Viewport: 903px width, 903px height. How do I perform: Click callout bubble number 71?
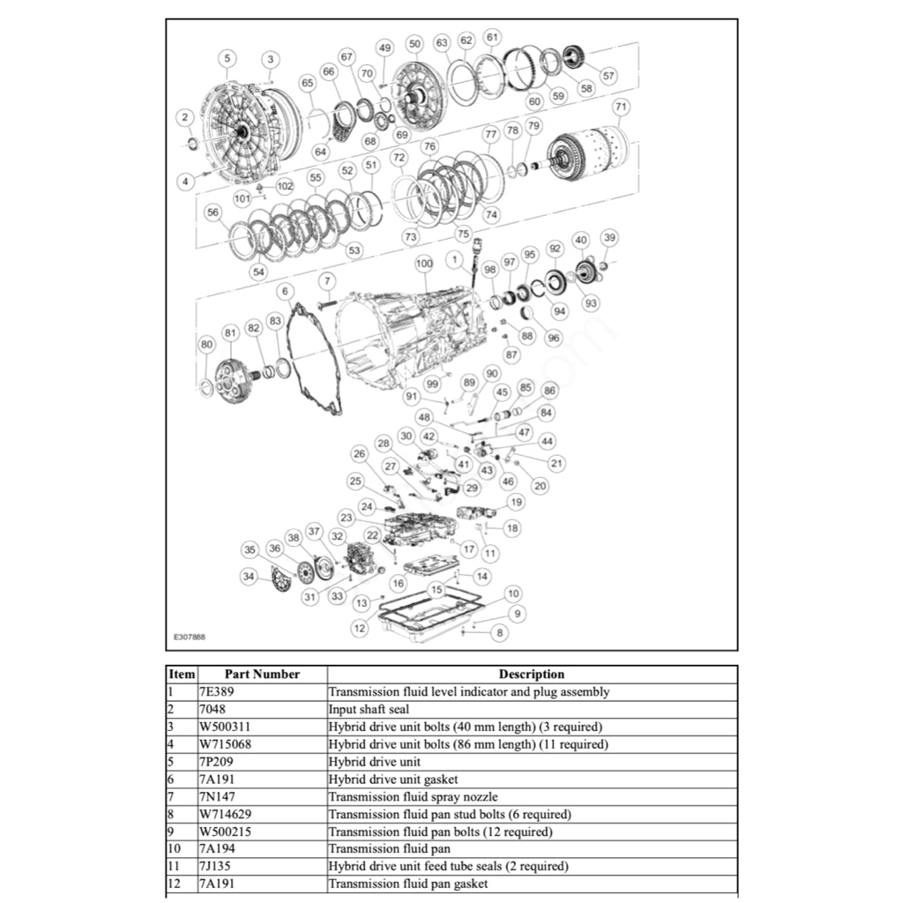[x=622, y=108]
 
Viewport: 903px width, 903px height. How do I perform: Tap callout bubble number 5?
[x=228, y=58]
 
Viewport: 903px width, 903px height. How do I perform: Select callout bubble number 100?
[x=424, y=264]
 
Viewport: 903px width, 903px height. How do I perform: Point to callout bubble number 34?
[x=251, y=577]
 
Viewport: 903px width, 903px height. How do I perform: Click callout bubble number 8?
[x=500, y=631]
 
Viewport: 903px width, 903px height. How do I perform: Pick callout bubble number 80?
[x=206, y=344]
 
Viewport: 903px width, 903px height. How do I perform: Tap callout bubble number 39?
[x=609, y=237]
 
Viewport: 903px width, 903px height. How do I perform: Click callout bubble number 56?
[x=212, y=213]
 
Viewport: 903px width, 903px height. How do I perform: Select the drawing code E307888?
[x=190, y=636]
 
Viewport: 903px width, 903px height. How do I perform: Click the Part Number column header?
[x=262, y=674]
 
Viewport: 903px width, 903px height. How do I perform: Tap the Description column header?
[x=532, y=674]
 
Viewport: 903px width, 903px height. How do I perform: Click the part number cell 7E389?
[x=216, y=691]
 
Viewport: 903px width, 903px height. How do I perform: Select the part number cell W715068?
[x=226, y=744]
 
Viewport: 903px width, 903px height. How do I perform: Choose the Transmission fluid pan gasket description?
[x=407, y=884]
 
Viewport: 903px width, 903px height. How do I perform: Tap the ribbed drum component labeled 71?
[x=589, y=155]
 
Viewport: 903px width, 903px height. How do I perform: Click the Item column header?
[x=182, y=674]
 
